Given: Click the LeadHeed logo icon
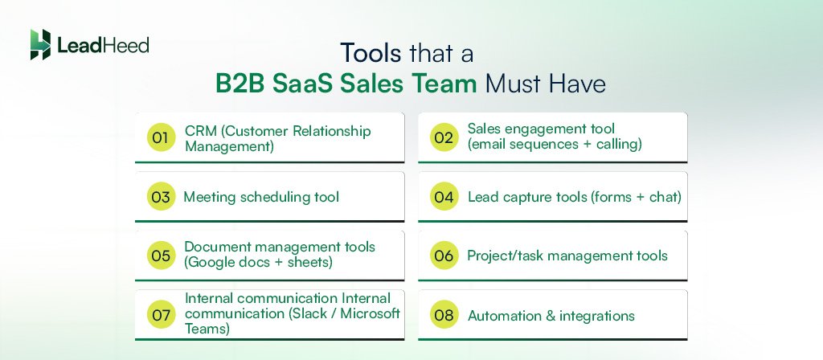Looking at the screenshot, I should point(40,45).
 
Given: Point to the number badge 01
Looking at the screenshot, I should point(161,138).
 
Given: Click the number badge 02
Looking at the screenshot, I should point(444,138).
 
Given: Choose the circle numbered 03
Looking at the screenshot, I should point(161,197).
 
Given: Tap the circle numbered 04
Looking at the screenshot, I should point(444,197).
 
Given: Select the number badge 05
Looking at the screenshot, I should point(161,256).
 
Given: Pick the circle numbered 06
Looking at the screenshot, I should point(444,256).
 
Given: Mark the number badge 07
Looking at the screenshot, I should point(161,315).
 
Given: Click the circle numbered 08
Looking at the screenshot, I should point(444,315).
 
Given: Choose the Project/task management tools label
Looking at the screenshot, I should point(567,256).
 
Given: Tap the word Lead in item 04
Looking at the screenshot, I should point(483,197).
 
